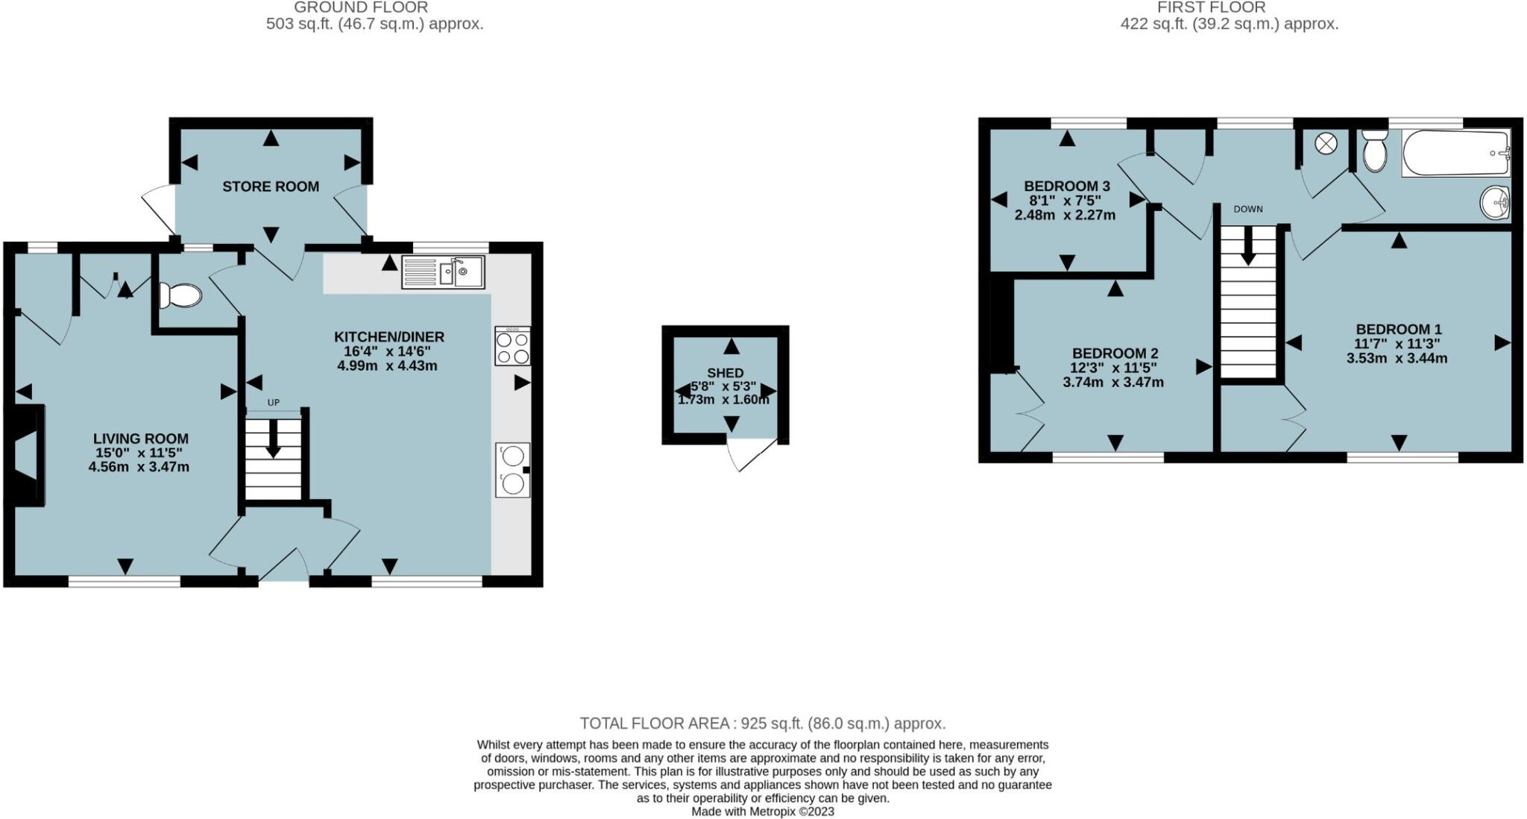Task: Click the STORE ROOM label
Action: coord(270,186)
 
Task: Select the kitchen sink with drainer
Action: coord(444,272)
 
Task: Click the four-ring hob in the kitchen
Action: coord(512,347)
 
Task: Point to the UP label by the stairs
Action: coord(273,403)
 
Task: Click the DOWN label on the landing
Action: coord(1248,209)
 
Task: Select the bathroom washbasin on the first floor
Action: coord(1495,202)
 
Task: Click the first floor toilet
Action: coord(1373,152)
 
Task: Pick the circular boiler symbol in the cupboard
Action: coord(1326,144)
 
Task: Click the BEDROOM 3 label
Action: coord(1066,186)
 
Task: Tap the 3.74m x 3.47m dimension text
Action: coord(1112,382)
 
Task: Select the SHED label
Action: coord(725,373)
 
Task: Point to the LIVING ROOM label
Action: coord(140,439)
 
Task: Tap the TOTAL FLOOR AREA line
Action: coord(762,723)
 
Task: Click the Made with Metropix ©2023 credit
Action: coord(762,812)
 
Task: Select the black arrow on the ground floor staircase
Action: coord(273,440)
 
